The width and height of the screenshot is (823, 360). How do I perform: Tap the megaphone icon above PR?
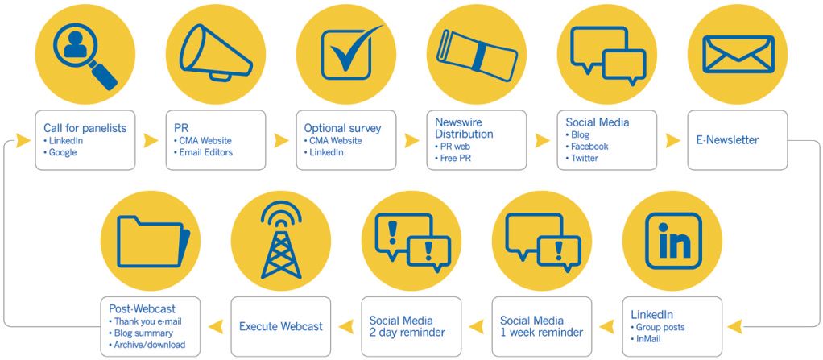coord(215,54)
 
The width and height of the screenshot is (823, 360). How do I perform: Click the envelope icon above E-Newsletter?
coord(738,54)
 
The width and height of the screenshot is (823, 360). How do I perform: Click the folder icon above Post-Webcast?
coord(153,241)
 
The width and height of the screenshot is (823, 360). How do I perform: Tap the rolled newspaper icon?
coord(477,55)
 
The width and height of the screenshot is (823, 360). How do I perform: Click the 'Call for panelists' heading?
coord(85,128)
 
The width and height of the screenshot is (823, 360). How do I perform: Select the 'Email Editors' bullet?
coord(203,153)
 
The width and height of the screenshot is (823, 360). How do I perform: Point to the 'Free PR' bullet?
coord(453,158)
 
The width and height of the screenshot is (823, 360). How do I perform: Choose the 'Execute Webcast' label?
coord(281,326)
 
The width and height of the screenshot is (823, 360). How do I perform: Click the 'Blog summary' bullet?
coord(141,333)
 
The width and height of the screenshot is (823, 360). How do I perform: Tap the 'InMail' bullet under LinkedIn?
coord(646,339)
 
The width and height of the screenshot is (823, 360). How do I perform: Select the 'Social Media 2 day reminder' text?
coord(407,326)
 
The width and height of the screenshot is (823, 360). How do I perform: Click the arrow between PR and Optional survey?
coord(281,140)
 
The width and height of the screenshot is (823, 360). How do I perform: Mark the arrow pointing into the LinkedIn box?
coord(734,326)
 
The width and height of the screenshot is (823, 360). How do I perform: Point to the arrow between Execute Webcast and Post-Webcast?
coord(216,326)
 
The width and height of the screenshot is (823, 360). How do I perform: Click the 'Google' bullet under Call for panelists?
coord(60,153)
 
